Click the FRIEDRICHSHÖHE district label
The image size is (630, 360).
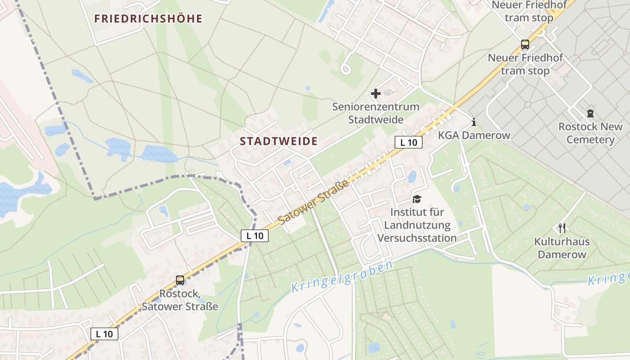[x=148, y=19]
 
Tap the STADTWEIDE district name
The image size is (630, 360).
[x=279, y=141]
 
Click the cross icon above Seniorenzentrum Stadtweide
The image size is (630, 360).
[x=375, y=94]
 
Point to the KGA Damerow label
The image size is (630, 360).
[x=474, y=135]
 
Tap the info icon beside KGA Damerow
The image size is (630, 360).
[x=473, y=122]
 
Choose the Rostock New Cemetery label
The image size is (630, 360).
[x=590, y=133]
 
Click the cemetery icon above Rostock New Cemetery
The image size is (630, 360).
[x=590, y=113]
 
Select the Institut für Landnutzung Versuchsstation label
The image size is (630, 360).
[x=417, y=225]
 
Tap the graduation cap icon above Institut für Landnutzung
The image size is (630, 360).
[x=417, y=199]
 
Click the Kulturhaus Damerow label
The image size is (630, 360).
[x=562, y=248]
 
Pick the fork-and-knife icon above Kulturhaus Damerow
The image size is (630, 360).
[x=562, y=228]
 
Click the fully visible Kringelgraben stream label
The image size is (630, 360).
[x=342, y=277]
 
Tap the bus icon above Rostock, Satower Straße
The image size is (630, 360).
[x=180, y=280]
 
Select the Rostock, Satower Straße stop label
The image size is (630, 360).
[x=180, y=300]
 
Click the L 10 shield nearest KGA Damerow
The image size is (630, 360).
[x=409, y=143]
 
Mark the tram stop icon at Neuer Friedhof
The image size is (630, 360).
[x=525, y=44]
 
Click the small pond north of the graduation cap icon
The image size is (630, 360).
[x=412, y=177]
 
